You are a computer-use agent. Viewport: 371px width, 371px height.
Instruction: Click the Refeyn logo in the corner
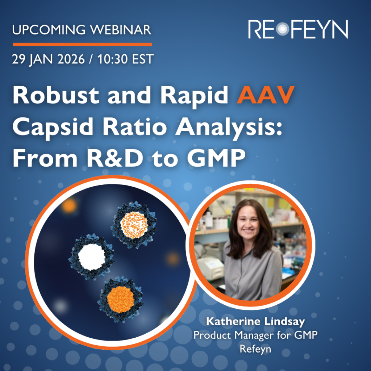(x=298, y=29)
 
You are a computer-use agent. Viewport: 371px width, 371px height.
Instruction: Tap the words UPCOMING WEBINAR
(x=82, y=30)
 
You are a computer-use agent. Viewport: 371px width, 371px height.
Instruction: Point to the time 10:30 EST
(x=125, y=59)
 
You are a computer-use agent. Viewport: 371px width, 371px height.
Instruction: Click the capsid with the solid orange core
(x=121, y=300)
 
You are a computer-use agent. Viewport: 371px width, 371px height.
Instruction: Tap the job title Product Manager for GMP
(x=255, y=335)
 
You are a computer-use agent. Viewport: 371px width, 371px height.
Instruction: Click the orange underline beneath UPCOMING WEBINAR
(x=82, y=45)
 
